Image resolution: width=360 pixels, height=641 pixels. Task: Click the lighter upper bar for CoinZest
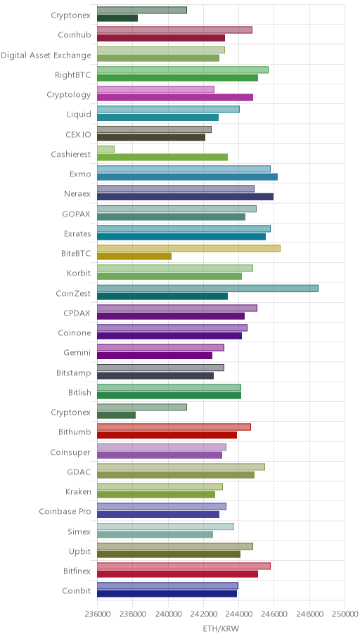[x=207, y=288]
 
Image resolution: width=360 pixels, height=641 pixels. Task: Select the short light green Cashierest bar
[x=105, y=149]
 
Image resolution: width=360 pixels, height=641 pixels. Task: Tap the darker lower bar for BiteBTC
[x=134, y=257]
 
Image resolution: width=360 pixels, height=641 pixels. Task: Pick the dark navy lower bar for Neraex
[x=186, y=197]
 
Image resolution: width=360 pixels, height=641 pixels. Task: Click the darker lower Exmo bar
[x=187, y=177]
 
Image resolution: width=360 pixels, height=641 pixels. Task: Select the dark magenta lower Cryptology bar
[x=175, y=97]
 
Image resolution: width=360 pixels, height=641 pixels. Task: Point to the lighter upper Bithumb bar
[x=174, y=427]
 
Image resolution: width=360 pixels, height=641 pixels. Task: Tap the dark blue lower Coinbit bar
[x=167, y=594]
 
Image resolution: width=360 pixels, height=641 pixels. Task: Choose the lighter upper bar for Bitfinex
[x=184, y=566]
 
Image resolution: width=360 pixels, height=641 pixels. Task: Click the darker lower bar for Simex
[x=155, y=534]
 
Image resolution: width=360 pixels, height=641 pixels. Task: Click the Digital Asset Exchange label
[x=46, y=56]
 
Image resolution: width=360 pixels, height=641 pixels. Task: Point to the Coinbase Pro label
[x=65, y=512]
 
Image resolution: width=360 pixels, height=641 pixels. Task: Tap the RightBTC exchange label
[x=73, y=75]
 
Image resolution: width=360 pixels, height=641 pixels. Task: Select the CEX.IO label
[x=78, y=134]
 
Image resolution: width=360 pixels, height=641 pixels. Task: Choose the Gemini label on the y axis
[x=77, y=352]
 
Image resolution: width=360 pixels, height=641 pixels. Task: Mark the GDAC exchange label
[x=79, y=472]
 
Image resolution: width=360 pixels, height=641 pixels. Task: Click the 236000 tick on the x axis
[x=97, y=614]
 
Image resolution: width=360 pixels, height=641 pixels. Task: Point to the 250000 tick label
[x=345, y=614]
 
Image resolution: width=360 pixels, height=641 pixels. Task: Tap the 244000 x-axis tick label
[x=238, y=614]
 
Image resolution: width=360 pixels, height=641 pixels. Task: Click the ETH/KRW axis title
[x=221, y=629]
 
